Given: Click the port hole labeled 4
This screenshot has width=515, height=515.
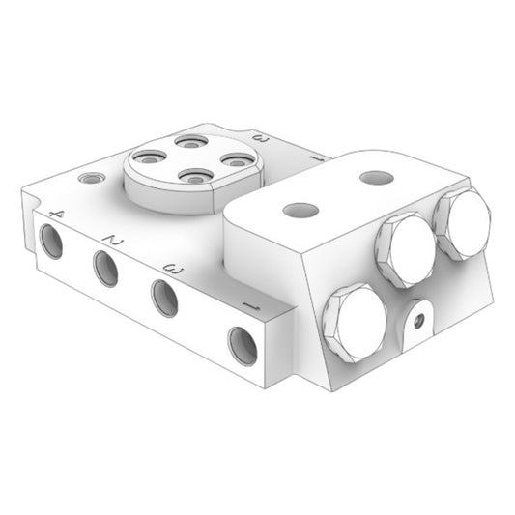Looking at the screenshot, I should coord(52,241).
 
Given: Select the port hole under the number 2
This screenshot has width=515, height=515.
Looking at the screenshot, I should coord(106,268).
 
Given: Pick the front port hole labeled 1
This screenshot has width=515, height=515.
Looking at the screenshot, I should coord(243,345).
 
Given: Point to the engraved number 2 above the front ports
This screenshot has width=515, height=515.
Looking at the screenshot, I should coord(115,238).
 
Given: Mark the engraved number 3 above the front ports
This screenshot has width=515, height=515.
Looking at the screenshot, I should coord(174,268).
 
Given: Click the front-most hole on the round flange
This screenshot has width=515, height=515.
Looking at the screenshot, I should coord(196,177).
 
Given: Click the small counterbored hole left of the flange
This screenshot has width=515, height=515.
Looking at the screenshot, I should coord(92,179).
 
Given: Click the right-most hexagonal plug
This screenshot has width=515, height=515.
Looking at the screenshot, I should coord(462,223).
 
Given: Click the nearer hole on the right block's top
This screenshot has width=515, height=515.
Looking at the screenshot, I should coord(301,210).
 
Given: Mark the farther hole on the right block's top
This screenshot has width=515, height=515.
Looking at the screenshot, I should coord(376,179).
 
